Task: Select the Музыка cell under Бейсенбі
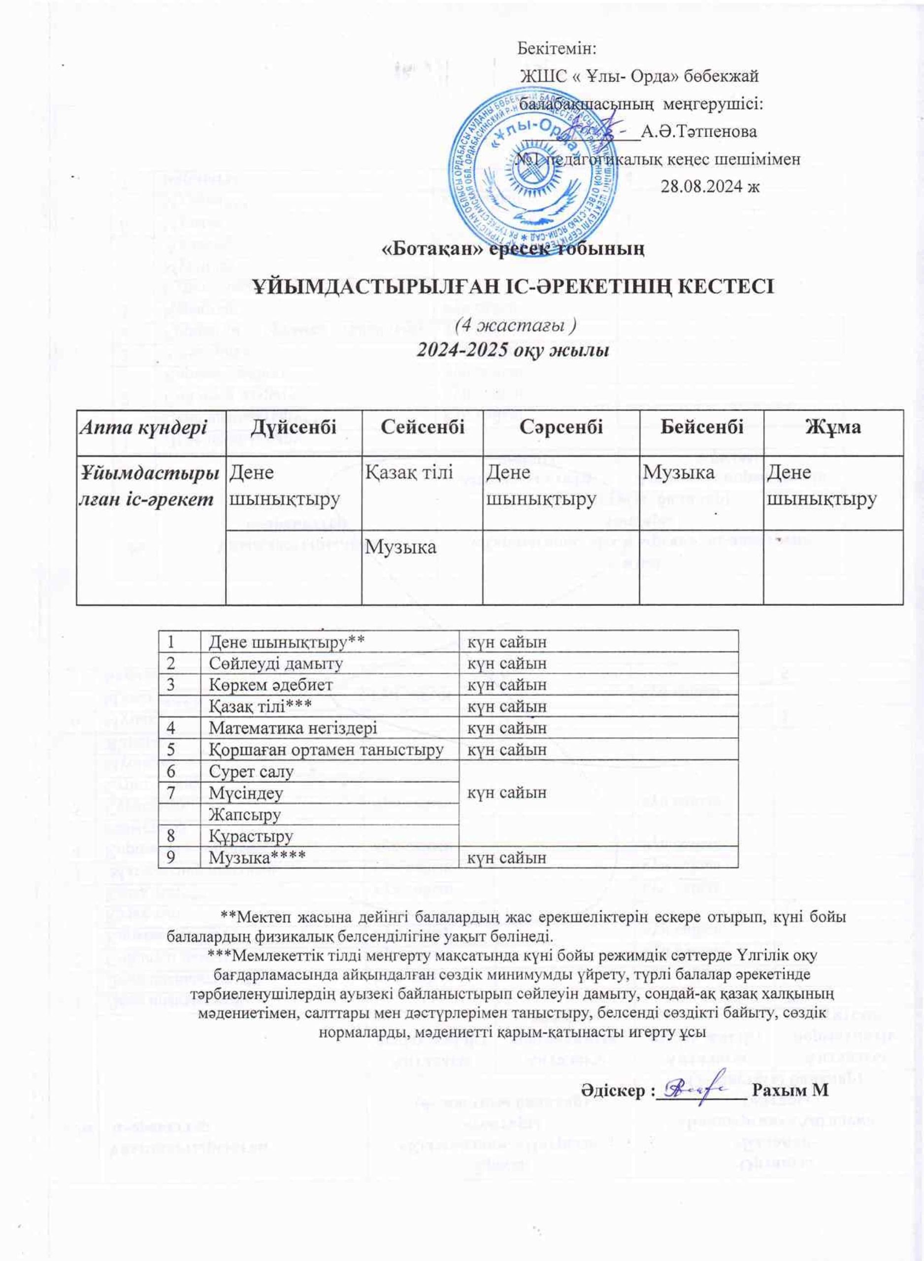[x=678, y=472]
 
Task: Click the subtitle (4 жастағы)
[x=515, y=326]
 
